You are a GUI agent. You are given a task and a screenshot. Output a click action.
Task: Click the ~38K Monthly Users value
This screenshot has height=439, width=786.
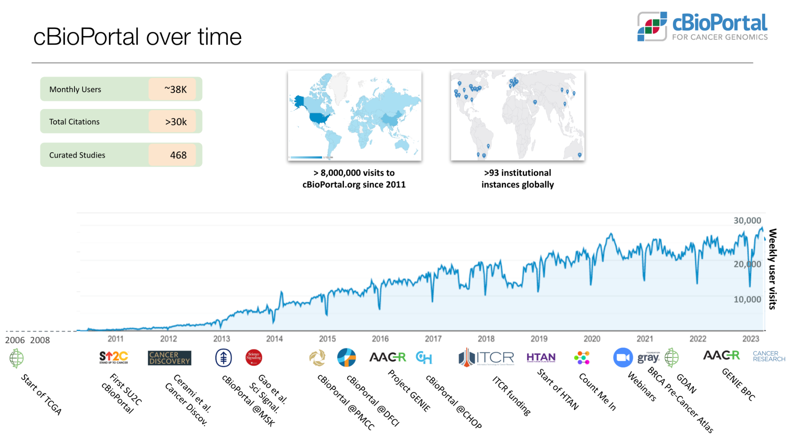[176, 89]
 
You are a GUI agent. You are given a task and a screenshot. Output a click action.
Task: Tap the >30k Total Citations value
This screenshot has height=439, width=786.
[176, 122]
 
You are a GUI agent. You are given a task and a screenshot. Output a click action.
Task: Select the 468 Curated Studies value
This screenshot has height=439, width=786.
[178, 155]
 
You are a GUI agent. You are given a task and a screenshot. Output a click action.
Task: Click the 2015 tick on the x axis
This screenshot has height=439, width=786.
[327, 339]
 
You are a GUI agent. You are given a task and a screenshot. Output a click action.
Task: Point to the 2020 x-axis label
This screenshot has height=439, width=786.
[592, 339]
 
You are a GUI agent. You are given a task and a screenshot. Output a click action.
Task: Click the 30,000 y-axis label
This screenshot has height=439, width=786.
[747, 220]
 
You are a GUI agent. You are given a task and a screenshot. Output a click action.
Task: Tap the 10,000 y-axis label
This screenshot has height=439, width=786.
[747, 299]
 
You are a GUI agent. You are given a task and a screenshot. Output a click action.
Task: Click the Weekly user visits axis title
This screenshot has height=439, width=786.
[772, 269]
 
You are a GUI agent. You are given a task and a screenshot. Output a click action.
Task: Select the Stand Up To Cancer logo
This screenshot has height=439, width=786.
[114, 358]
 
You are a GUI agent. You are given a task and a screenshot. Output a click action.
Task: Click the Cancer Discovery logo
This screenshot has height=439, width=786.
[169, 358]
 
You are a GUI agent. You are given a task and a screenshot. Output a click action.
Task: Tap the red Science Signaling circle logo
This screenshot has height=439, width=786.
[254, 358]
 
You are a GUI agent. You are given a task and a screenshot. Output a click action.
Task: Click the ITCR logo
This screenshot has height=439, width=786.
[486, 358]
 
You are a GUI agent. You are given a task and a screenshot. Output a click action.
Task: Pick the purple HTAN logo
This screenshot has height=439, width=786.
[541, 358]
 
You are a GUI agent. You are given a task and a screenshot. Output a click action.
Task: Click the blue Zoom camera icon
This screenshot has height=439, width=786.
[623, 358]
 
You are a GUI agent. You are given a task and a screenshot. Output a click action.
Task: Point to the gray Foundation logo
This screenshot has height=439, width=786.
[648, 358]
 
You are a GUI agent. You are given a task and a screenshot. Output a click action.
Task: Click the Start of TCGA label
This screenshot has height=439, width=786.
[41, 394]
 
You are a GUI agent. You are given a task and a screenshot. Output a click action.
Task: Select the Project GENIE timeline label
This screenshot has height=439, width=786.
[409, 390]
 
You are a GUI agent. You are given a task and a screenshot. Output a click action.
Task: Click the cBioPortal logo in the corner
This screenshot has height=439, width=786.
[702, 27]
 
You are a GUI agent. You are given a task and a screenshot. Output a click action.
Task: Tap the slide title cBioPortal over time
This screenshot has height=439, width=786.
[137, 37]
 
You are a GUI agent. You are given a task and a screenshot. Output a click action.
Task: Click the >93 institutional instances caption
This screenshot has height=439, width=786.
[517, 179]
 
